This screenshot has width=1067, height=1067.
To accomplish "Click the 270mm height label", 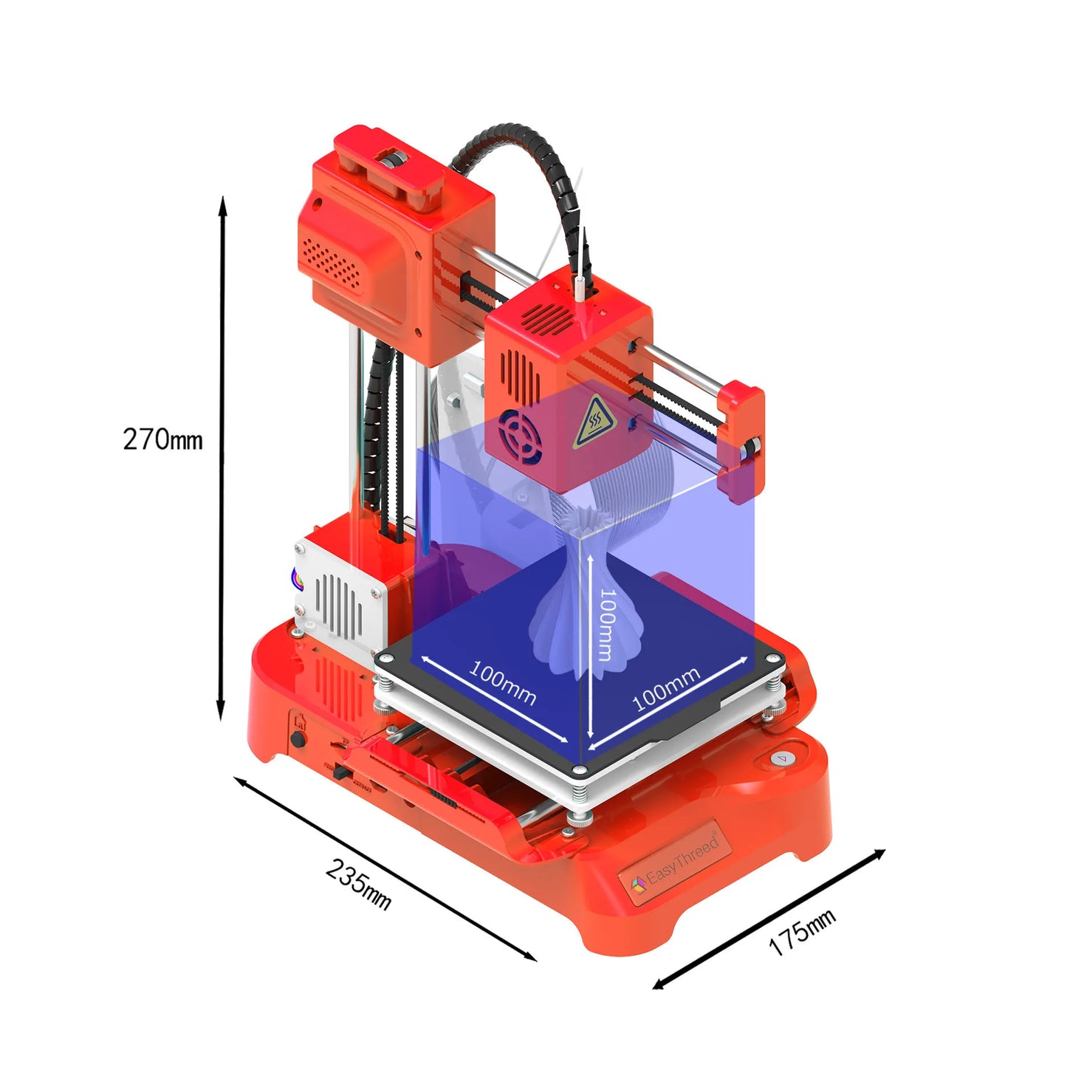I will (x=162, y=439).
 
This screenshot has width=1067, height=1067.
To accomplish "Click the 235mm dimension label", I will (x=358, y=884).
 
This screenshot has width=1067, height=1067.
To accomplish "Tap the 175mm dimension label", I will (x=802, y=932).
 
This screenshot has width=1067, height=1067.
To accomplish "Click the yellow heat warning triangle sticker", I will (x=594, y=422).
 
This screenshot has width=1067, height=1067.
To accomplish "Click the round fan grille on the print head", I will (x=520, y=436).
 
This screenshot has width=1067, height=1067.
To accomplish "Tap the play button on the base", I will (x=781, y=758).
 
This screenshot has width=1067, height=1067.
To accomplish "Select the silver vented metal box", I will (x=340, y=598).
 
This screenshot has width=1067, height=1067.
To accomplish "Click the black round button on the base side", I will (x=298, y=738).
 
